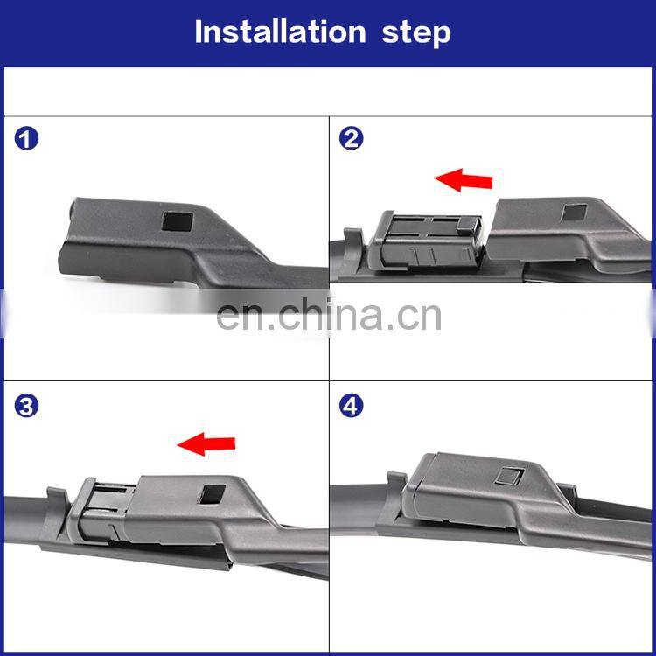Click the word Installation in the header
click(x=280, y=31)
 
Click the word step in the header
click(x=416, y=33)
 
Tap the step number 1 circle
click(x=26, y=139)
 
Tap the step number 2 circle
click(x=351, y=139)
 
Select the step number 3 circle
click(x=26, y=406)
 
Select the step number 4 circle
click(x=351, y=406)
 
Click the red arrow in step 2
click(x=464, y=180)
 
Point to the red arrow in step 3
click(x=206, y=443)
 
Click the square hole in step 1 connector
click(x=178, y=222)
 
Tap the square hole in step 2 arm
click(x=574, y=213)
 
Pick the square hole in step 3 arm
click(x=213, y=494)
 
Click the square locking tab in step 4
click(x=509, y=476)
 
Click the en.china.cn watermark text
click(x=329, y=316)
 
